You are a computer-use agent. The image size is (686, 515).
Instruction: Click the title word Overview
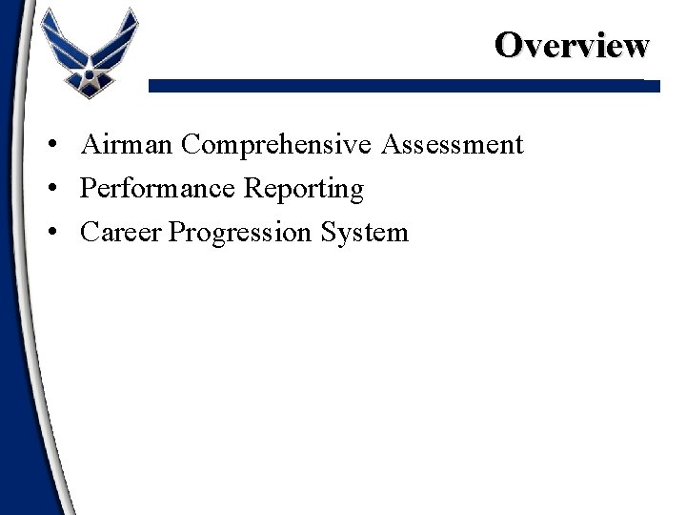(x=572, y=44)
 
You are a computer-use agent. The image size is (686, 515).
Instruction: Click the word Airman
(x=127, y=145)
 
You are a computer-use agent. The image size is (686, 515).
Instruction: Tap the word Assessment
(x=453, y=145)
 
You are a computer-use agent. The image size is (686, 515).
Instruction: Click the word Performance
(x=159, y=189)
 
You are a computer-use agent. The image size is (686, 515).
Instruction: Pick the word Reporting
(x=304, y=190)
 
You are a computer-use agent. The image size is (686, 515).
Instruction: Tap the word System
(x=367, y=233)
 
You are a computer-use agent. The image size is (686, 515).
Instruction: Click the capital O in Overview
(x=509, y=44)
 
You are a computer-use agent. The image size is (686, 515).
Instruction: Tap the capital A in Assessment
(x=392, y=145)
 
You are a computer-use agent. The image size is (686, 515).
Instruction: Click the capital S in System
(x=333, y=232)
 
